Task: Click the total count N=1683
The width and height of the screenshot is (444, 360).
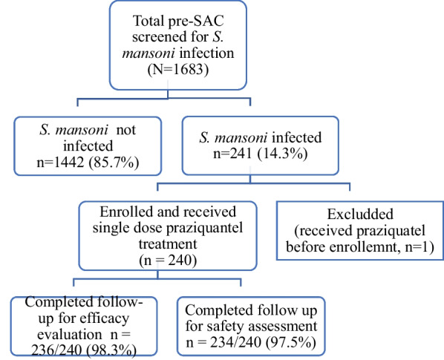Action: (x=178, y=69)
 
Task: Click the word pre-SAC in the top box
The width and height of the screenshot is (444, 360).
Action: (x=196, y=21)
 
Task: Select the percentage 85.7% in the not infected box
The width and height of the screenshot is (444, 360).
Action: (x=114, y=163)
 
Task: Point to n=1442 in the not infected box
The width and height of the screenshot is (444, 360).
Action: (x=60, y=163)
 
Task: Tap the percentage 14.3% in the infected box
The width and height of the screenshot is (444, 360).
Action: (x=282, y=154)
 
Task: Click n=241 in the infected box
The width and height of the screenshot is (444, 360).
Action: (x=232, y=154)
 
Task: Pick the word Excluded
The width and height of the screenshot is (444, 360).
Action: (x=360, y=215)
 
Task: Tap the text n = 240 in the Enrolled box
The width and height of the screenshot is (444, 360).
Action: (x=168, y=261)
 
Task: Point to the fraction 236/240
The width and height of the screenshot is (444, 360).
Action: (x=56, y=351)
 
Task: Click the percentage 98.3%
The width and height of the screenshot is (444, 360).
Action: (x=111, y=351)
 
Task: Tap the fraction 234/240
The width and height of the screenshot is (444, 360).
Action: (x=235, y=343)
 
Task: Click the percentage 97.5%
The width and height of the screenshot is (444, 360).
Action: (x=291, y=343)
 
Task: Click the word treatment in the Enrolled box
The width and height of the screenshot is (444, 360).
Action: (x=168, y=244)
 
